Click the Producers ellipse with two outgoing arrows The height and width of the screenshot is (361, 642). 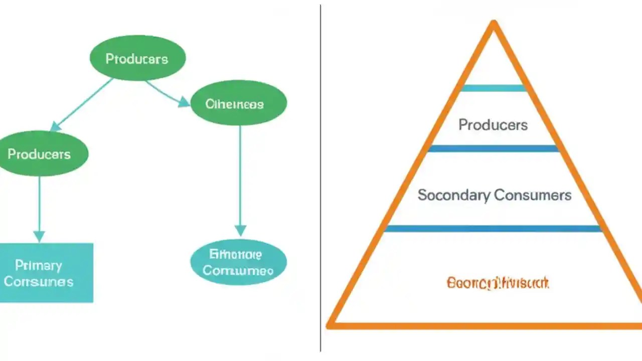137,59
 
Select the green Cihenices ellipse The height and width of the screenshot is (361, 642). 239,104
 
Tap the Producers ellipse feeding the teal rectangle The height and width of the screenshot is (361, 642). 40,153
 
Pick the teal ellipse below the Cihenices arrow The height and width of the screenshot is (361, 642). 239,263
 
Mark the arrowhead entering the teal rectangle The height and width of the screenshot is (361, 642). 39,236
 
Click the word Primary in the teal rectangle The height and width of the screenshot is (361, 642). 38,265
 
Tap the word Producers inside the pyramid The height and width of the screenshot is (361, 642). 493,124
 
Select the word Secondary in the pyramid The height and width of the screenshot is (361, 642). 453,195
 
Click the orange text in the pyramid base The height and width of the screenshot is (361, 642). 498,283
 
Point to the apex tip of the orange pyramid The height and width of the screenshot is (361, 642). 494,23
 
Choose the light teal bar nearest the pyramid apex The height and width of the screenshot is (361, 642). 493,88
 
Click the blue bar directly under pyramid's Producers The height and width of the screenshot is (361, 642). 493,148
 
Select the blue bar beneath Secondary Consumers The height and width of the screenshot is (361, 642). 493,229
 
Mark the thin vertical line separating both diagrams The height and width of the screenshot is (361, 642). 320,180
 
